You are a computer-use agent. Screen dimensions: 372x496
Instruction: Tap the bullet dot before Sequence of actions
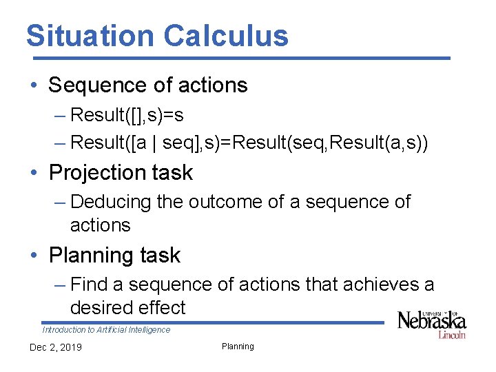point(34,85)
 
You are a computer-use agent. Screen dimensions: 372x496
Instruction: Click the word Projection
point(92,172)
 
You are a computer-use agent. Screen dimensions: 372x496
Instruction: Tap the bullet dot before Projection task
point(34,172)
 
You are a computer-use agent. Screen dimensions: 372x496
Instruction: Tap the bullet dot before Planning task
point(34,256)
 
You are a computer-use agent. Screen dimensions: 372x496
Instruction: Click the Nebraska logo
point(432,323)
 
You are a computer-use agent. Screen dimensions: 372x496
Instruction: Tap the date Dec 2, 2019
point(55,347)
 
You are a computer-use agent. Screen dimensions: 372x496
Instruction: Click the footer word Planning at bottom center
point(238,347)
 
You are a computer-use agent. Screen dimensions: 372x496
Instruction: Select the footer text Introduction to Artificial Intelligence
point(106,330)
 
